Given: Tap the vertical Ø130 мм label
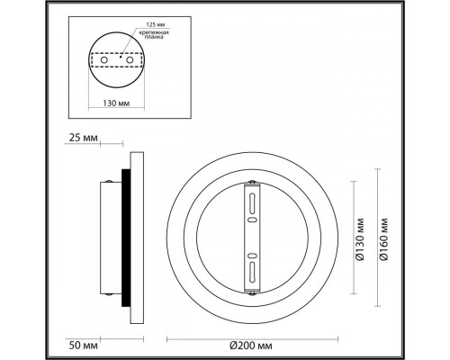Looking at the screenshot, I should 358,238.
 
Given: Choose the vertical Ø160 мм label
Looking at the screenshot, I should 383,238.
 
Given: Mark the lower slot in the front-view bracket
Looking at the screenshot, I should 252,269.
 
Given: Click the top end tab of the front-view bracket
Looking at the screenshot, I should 252,183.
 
